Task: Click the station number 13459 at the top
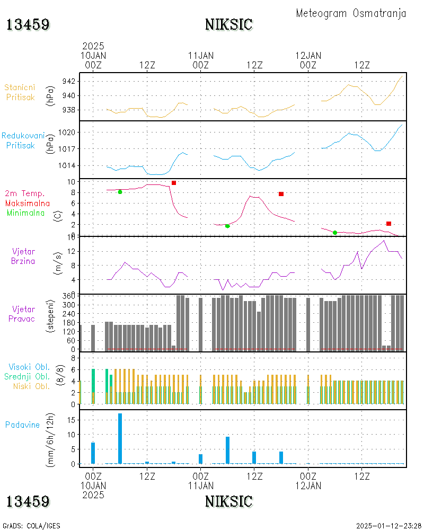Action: [x=28, y=24]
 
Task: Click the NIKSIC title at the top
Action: [x=228, y=24]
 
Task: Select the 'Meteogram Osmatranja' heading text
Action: [x=351, y=13]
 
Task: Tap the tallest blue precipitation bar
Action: [x=120, y=438]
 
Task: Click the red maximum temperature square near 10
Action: [x=174, y=183]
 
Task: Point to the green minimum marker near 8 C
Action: [x=120, y=192]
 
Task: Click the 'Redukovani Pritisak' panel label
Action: [x=23, y=140]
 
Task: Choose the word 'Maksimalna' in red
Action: [x=28, y=203]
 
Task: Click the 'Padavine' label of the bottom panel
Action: [x=23, y=425]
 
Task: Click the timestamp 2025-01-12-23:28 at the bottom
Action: [x=386, y=526]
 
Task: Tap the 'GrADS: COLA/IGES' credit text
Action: [x=31, y=526]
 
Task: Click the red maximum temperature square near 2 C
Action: [x=388, y=224]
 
